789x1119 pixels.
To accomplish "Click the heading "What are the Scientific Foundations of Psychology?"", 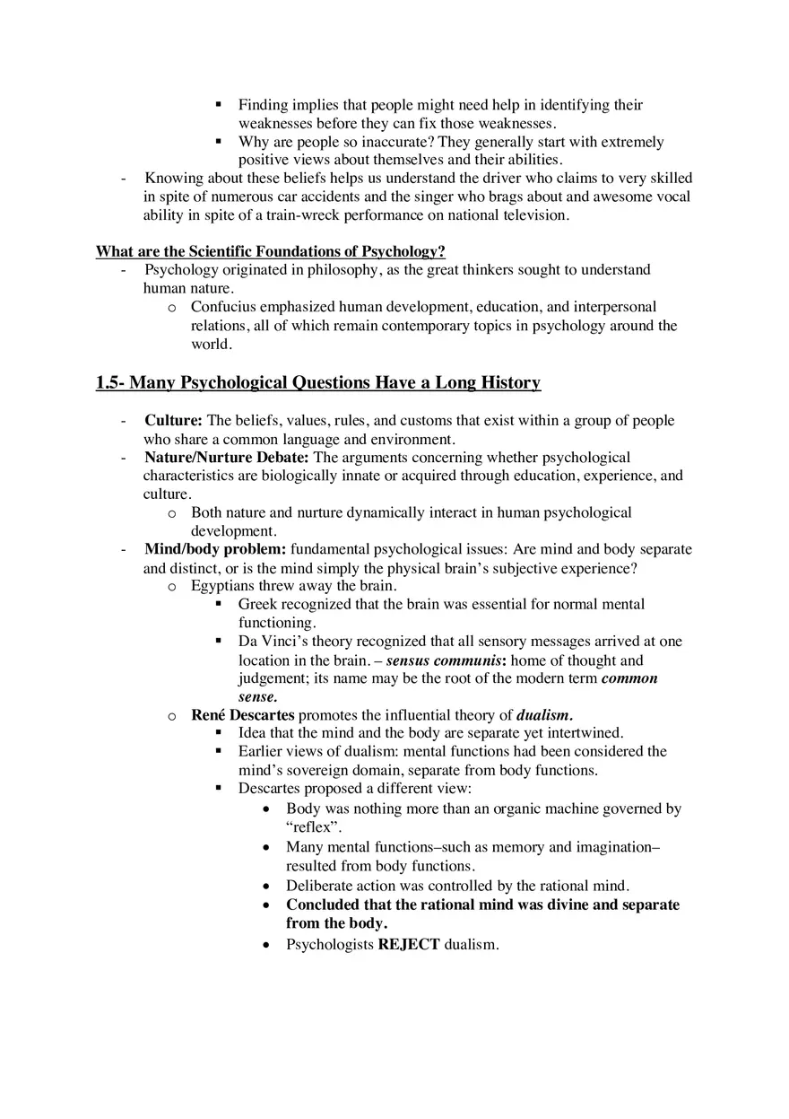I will click(x=271, y=251).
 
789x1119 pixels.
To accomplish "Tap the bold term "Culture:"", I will click(x=174, y=421).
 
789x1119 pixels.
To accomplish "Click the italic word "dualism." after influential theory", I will click(x=544, y=715).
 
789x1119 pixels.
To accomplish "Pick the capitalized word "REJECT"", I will click(x=409, y=945).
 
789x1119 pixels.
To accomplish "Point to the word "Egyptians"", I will click(x=223, y=586).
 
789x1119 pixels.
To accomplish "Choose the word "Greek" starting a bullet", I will click(x=258, y=604).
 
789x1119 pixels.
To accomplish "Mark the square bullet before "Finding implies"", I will click(x=219, y=105).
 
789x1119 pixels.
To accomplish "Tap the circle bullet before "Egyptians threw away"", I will click(x=172, y=587).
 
